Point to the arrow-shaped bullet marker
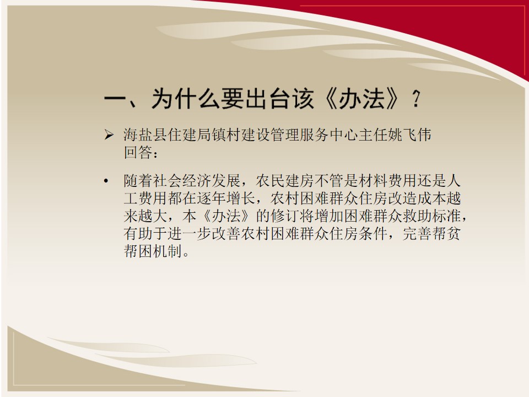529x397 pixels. [x=109, y=135]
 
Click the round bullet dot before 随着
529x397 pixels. [x=106, y=181]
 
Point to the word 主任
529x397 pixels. [x=373, y=135]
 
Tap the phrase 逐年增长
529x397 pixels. [x=226, y=198]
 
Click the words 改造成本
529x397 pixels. [x=417, y=198]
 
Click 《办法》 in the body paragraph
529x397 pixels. [x=226, y=216]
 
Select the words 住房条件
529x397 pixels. [x=358, y=234]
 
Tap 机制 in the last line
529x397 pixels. [x=168, y=251]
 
